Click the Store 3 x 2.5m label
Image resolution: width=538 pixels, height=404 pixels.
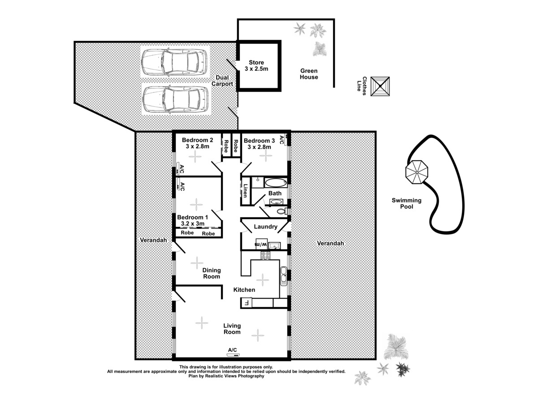tap(256, 66)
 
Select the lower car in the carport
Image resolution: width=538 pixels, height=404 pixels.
tap(174, 99)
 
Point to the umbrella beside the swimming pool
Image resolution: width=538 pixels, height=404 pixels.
tap(417, 172)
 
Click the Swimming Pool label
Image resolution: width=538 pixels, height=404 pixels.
tap(406, 204)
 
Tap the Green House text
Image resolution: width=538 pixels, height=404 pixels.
tap(309, 74)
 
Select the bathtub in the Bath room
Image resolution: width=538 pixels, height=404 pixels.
tap(275, 183)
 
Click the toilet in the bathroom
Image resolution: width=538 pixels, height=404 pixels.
tap(281, 211)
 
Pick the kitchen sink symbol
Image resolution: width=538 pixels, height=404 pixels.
tap(283, 276)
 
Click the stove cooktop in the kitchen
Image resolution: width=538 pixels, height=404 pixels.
tap(265, 256)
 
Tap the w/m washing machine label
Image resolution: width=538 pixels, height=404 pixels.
tap(261, 245)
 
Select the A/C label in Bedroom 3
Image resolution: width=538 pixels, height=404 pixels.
tap(282, 140)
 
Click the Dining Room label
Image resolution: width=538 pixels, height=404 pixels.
tap(212, 273)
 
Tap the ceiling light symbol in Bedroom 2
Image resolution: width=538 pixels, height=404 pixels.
tap(195, 157)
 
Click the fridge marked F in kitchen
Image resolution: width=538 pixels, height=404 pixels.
tap(246, 303)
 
